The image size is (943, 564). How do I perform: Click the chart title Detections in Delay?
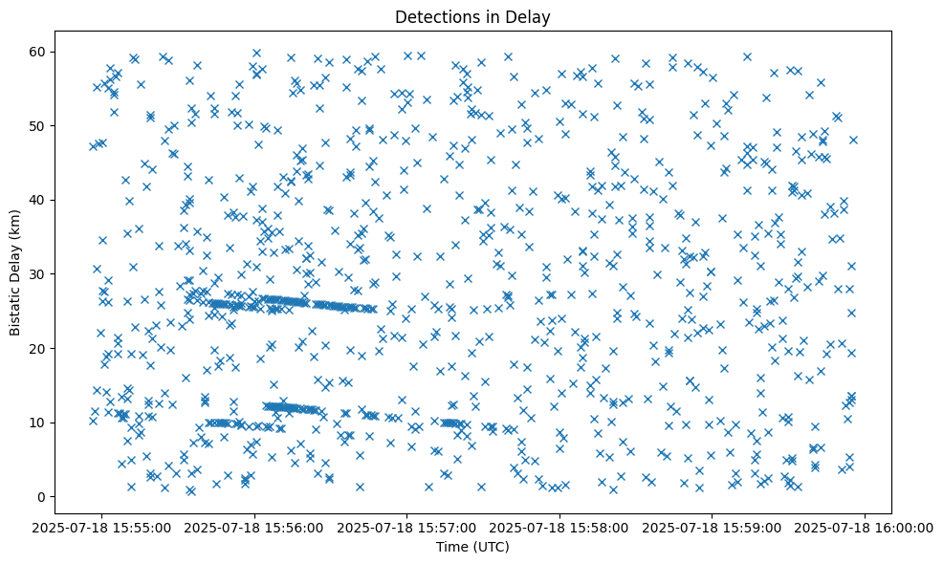coord(472,16)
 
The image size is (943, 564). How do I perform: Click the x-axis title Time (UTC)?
coord(472,547)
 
